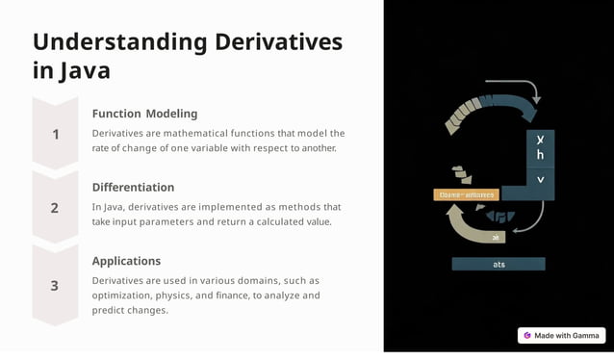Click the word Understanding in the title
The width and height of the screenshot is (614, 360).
point(119,42)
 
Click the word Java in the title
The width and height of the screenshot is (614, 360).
point(84,71)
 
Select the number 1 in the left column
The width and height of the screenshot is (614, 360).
point(55,135)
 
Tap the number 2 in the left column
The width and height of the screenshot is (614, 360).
point(55,208)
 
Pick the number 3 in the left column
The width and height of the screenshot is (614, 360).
point(55,286)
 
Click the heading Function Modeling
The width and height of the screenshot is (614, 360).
point(144,114)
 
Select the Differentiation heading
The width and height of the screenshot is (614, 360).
point(133,187)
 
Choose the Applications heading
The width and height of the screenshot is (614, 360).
point(126,261)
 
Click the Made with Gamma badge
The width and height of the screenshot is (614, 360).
point(561,335)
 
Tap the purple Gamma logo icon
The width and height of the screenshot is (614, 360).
point(527,335)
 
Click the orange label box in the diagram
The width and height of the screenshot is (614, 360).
point(466,194)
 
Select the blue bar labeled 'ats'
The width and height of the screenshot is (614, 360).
point(498,264)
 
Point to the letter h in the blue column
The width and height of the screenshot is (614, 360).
point(540,155)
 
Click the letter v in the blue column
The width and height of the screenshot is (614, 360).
point(540,179)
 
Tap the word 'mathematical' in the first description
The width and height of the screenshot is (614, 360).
point(201,134)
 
